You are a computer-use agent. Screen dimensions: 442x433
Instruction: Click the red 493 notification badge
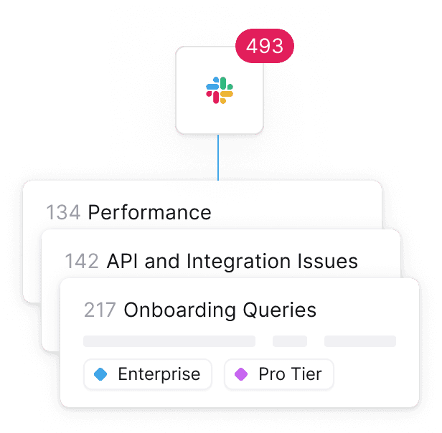click(x=265, y=47)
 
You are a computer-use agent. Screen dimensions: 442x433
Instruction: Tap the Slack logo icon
click(x=220, y=90)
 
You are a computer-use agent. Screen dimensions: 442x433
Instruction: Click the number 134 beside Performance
click(x=63, y=213)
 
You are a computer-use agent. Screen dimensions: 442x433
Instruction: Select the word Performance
click(x=149, y=213)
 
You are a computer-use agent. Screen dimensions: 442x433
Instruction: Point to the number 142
click(x=82, y=262)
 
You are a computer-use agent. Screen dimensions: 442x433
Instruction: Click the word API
click(x=123, y=262)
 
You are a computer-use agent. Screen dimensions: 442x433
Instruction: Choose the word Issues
click(x=330, y=262)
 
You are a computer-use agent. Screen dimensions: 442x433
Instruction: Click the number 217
click(x=100, y=310)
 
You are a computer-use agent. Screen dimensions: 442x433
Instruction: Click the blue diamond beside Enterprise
click(x=101, y=374)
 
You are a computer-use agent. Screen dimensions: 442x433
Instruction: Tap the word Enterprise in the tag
click(x=159, y=374)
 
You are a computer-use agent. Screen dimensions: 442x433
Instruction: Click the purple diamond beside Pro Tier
click(x=241, y=374)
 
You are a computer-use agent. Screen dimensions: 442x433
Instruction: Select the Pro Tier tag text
click(x=290, y=374)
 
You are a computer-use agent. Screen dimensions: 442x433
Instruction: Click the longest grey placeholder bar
click(x=169, y=341)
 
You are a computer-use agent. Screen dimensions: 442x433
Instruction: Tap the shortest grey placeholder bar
click(x=290, y=341)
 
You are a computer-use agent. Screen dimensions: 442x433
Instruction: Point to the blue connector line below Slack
click(x=218, y=158)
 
